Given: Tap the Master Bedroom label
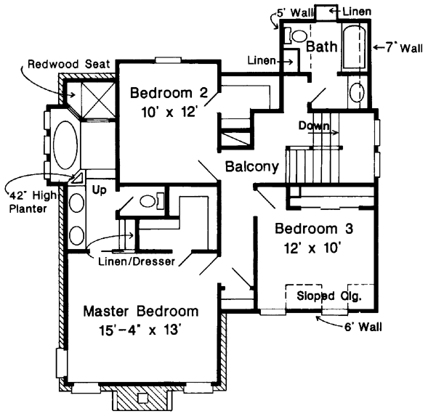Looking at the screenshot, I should coord(140,312).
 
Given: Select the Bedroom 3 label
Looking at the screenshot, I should coord(314,229).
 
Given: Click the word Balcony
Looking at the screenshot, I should coord(252,167).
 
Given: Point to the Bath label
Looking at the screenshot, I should coord(320,47).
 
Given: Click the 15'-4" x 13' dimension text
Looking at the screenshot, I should coord(140,330).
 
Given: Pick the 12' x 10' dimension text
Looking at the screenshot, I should coord(314,247).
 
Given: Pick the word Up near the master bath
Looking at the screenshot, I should coord(100,188).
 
